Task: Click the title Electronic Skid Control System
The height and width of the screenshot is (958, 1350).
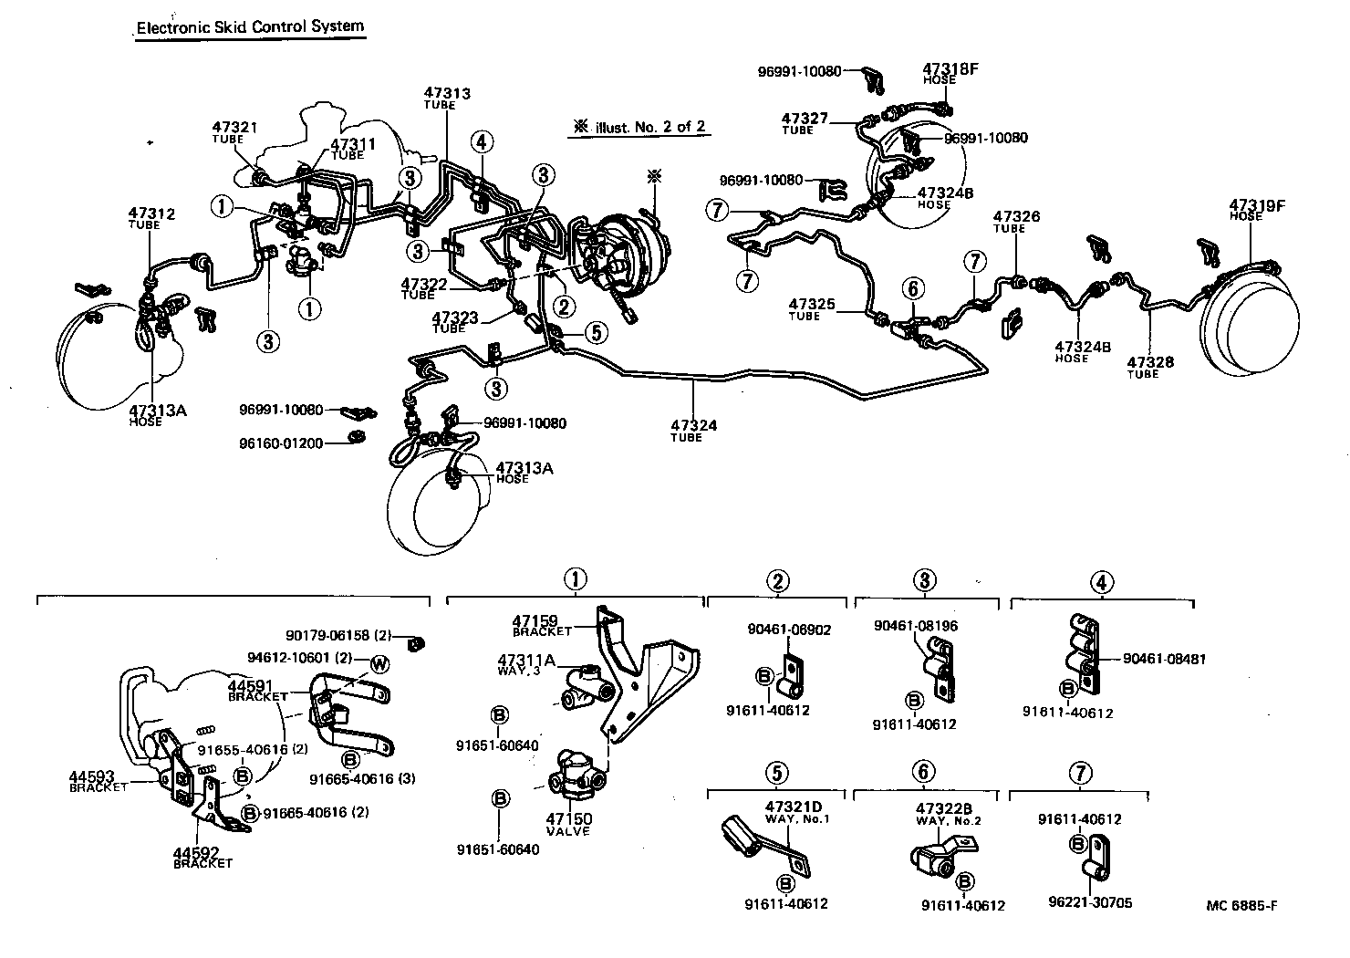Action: point(250,26)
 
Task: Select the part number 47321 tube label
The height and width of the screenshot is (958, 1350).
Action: point(235,132)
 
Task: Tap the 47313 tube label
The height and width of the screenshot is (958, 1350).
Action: point(447,98)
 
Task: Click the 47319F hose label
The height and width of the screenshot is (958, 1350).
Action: point(1256,210)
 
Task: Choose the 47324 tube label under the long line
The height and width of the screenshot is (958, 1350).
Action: point(692,430)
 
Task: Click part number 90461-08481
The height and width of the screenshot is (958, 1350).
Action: point(1164,659)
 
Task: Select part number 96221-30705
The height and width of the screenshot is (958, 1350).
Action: point(1090,902)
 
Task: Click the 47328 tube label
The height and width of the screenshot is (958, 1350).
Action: point(1150,367)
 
